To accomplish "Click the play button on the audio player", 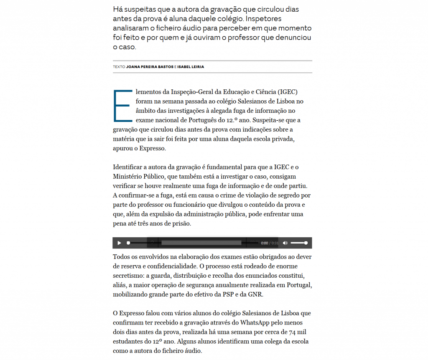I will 119,243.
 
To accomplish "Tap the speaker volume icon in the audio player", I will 285,243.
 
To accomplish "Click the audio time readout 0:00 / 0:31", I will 270,243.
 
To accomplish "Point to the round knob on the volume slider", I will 306,243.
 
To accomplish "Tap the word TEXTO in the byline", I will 119,67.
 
